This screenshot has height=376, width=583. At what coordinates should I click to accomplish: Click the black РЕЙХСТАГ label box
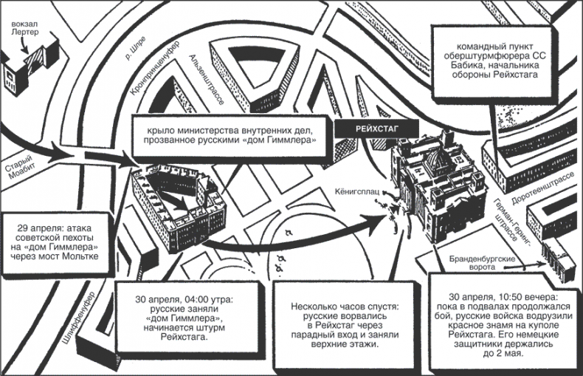tap(368, 126)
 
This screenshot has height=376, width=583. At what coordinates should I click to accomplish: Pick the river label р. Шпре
tap(132, 48)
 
